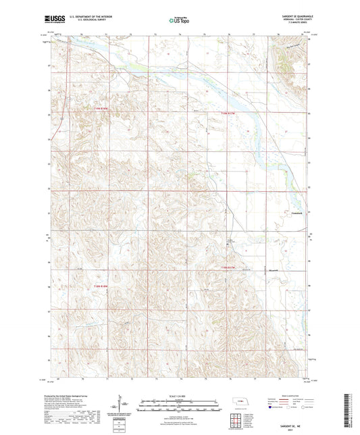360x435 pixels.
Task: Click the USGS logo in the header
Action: (x=55, y=20)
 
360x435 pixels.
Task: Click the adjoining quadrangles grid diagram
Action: (x=237, y=421)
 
